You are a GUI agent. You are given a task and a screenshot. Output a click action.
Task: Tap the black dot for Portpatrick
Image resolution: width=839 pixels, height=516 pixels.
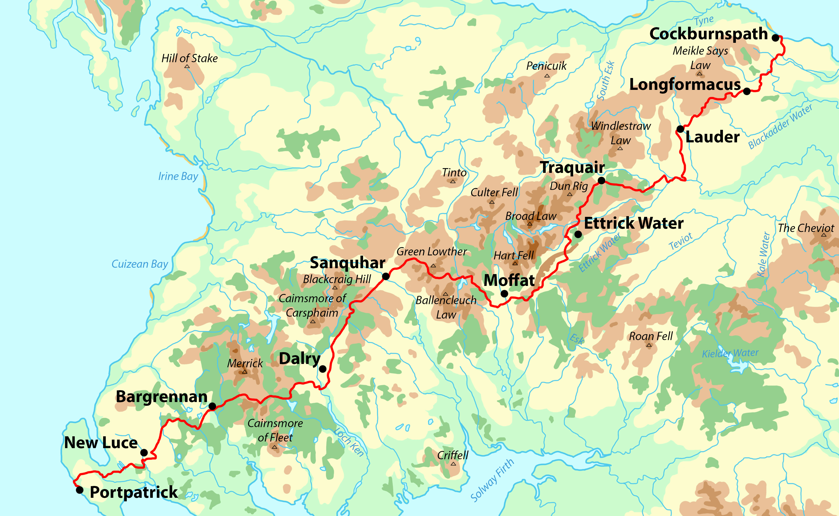click(x=79, y=490)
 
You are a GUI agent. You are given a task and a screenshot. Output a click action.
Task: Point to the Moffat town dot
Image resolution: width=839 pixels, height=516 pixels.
click(x=504, y=293)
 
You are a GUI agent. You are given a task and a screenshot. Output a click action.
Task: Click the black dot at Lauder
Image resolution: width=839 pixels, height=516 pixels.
click(x=680, y=129)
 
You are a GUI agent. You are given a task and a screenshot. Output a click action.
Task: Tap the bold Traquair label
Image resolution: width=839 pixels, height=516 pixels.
click(x=572, y=168)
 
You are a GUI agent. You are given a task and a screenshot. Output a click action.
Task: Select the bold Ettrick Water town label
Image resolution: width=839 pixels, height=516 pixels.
click(x=633, y=223)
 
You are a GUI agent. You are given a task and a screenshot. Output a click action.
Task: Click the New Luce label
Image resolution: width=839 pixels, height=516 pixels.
click(x=101, y=443)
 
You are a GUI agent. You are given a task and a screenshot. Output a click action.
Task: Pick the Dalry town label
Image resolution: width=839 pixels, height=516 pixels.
click(x=300, y=359)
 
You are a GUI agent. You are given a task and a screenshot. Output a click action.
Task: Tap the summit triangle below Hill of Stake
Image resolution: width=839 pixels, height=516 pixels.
click(x=187, y=66)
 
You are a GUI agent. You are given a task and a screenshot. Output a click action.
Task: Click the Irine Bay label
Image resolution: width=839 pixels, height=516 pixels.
click(x=178, y=176)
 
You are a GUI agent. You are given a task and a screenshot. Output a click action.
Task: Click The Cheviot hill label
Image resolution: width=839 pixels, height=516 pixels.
click(x=806, y=228)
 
